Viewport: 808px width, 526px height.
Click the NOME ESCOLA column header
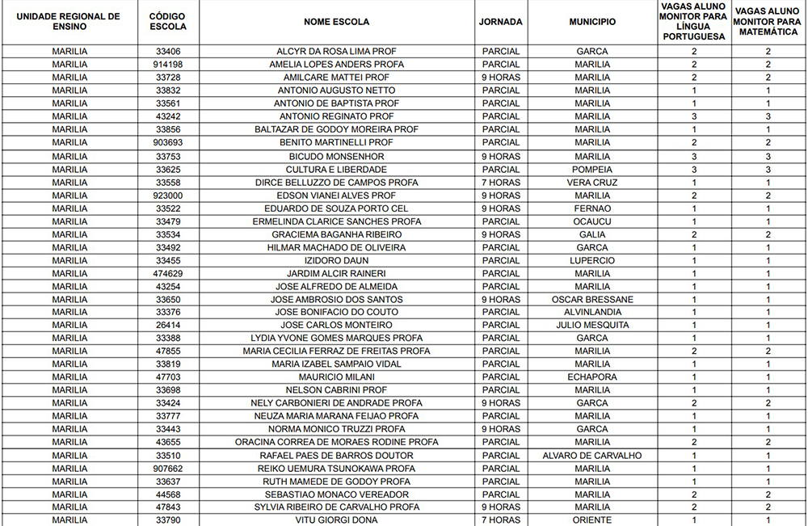pos(336,22)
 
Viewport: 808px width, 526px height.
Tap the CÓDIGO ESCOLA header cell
pos(168,22)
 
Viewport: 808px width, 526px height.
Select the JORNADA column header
pos(500,22)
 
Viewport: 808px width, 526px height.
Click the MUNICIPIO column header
pos(592,22)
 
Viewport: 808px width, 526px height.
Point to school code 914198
pos(168,65)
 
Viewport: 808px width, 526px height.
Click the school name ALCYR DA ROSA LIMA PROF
pos(336,52)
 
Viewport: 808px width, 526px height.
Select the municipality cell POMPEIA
pos(592,170)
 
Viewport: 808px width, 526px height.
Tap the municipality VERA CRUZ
pos(592,183)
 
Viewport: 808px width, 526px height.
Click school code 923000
pos(168,196)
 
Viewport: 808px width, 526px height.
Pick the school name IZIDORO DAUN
pos(336,261)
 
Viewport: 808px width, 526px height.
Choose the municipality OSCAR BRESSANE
pos(592,300)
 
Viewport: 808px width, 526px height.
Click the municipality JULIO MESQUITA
pos(592,326)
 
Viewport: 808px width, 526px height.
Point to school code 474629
pos(168,274)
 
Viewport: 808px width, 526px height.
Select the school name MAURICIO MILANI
pos(336,377)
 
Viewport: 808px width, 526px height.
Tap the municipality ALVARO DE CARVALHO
pos(592,456)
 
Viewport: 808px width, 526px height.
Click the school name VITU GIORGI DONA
pos(336,520)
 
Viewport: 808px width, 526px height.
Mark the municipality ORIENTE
pos(592,520)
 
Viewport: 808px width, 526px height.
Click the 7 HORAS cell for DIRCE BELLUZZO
pos(500,183)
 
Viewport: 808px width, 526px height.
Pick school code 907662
pos(168,469)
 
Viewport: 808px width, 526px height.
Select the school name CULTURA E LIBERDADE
pos(336,170)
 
